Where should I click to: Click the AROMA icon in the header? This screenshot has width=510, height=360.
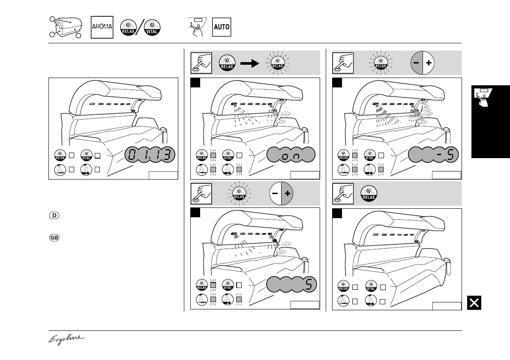pyautogui.click(x=102, y=27)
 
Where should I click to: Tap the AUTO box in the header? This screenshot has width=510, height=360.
pyautogui.click(x=222, y=27)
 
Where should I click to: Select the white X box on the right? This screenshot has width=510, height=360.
pyautogui.click(x=474, y=303)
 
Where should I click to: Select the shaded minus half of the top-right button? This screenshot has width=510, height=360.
pyautogui.click(x=416, y=63)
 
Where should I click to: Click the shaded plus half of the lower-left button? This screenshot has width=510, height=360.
pyautogui.click(x=287, y=193)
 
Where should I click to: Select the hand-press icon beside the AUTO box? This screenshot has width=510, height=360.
pyautogui.click(x=197, y=27)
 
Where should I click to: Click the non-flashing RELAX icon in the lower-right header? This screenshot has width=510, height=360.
pyautogui.click(x=368, y=193)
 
